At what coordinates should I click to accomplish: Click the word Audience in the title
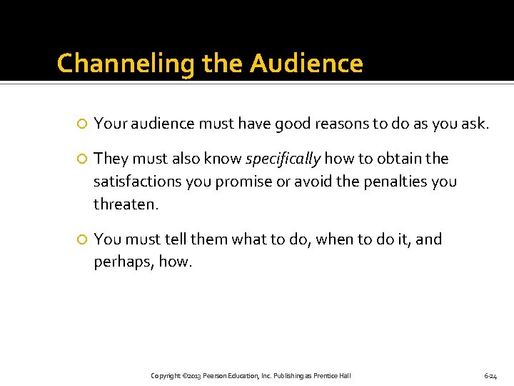pyautogui.click(x=306, y=64)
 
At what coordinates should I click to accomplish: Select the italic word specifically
pyautogui.click(x=283, y=158)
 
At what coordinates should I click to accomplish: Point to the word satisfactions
pyautogui.click(x=138, y=182)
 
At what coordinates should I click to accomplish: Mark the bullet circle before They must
pyautogui.click(x=82, y=159)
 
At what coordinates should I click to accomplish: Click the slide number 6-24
pyautogui.click(x=490, y=375)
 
